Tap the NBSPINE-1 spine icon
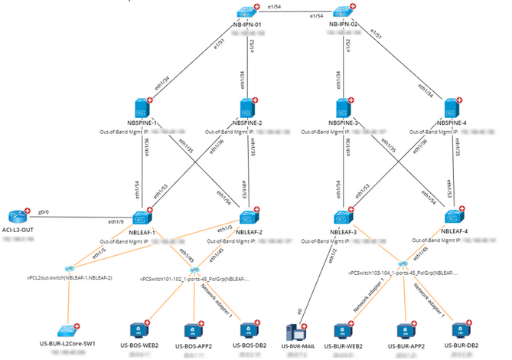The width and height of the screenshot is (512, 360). coord(143,108)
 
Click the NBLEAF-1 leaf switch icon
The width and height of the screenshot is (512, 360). coord(143,218)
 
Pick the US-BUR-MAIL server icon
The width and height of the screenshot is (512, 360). coord(295,330)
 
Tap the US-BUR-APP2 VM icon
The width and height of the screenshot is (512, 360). coord(402,330)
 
